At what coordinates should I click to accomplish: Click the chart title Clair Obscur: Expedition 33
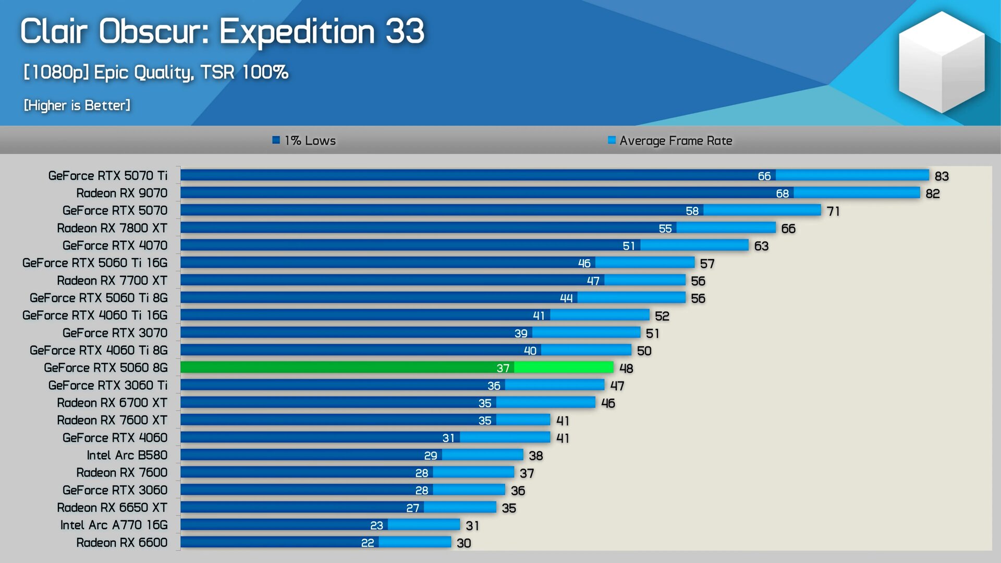point(222,31)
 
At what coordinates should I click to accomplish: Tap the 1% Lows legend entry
point(304,140)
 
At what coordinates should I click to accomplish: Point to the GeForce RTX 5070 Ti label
point(108,176)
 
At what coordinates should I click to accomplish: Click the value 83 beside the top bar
point(942,176)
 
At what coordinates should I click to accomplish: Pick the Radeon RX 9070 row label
point(122,193)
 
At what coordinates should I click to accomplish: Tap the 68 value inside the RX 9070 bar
point(782,193)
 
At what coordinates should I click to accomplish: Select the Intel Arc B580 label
point(127,455)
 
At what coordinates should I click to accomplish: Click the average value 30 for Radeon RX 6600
point(463,543)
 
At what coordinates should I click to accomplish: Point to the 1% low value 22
point(368,543)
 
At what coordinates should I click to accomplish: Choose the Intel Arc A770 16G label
point(114,525)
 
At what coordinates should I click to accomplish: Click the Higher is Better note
point(77,105)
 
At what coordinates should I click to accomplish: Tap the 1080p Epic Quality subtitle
point(155,72)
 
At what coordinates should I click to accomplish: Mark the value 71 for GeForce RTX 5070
point(833,211)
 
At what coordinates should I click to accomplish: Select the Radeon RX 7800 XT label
point(112,228)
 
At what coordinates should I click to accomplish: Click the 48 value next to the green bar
point(626,369)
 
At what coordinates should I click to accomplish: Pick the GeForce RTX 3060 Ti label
point(108,385)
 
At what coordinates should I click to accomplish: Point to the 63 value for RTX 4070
point(761,246)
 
